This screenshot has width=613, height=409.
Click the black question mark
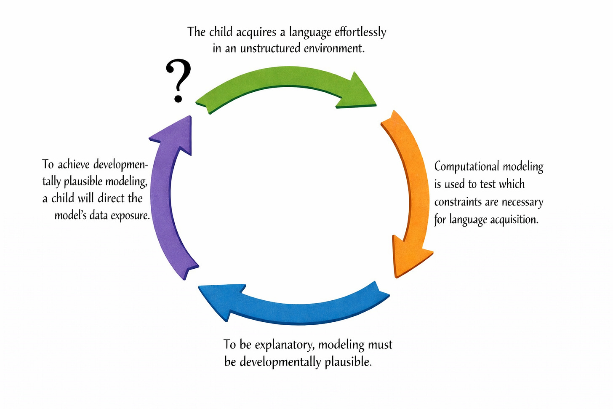click(x=179, y=81)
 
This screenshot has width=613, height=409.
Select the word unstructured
click(x=269, y=48)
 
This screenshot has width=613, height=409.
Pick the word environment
click(x=334, y=48)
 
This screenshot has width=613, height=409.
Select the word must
click(x=380, y=345)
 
